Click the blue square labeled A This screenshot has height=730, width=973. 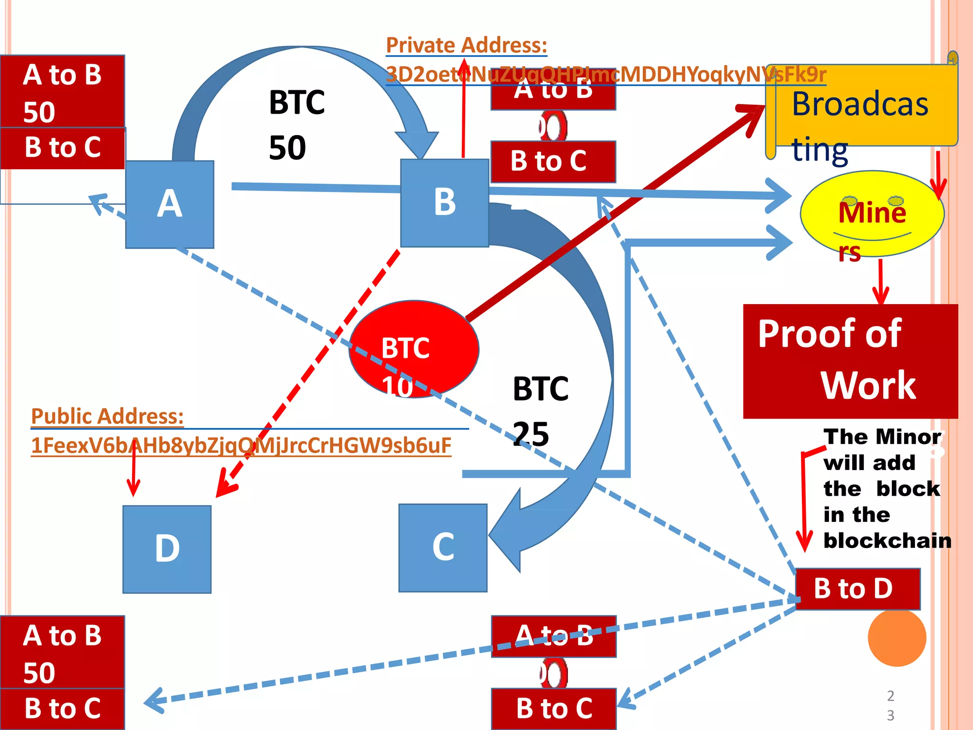pos(170,204)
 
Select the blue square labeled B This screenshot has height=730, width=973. pos(445,203)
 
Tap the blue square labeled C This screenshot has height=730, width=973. pos(443,547)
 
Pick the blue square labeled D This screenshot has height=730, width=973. pos(167,549)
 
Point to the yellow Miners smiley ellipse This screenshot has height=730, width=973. pos(872,214)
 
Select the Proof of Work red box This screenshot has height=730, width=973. pos(850,361)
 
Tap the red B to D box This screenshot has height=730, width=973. pos(858,589)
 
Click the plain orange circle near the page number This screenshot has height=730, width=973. pos(897,637)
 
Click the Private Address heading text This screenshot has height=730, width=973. pos(466,46)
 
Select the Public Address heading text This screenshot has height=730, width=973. pos(107,416)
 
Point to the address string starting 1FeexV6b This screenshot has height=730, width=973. pos(241,446)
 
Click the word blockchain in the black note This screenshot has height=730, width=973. pos(887,541)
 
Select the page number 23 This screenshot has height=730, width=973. pos(890,705)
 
